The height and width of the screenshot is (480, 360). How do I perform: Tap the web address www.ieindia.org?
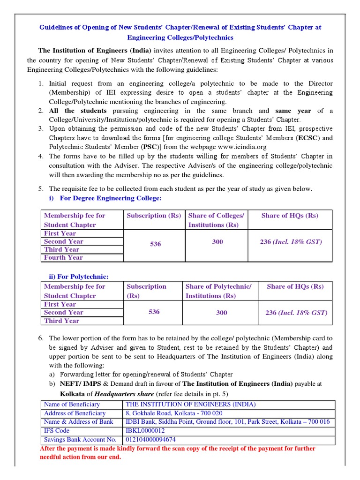[243, 147]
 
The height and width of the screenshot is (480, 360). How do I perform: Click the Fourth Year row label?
[63, 257]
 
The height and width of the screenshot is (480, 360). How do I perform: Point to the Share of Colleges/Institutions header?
[216, 220]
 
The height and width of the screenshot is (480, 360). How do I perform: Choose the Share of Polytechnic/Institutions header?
[218, 291]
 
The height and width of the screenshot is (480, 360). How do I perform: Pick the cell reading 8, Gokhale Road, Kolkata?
[173, 413]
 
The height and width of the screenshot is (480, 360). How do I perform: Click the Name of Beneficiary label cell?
[72, 404]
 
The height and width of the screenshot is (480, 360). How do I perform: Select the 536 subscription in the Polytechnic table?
[154, 312]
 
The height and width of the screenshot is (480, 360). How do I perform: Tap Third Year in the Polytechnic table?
[61, 321]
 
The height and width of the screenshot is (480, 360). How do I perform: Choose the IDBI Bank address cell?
[227, 421]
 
